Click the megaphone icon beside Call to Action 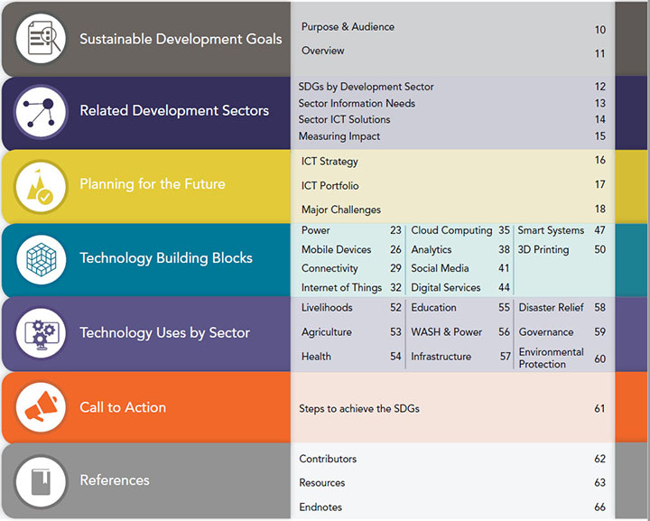41,407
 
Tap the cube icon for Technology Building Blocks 41,259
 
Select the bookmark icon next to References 41,482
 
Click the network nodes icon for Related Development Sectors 41,111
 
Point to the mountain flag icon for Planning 41,187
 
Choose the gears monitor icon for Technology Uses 41,334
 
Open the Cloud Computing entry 451,230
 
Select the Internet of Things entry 341,288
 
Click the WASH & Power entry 447,332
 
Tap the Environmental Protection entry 551,358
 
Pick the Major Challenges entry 341,209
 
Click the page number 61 599,409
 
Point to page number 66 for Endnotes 599,507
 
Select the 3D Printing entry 543,250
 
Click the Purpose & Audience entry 348,27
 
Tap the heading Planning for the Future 153,184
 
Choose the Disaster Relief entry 551,308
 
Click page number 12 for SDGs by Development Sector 599,87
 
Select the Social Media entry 440,268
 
